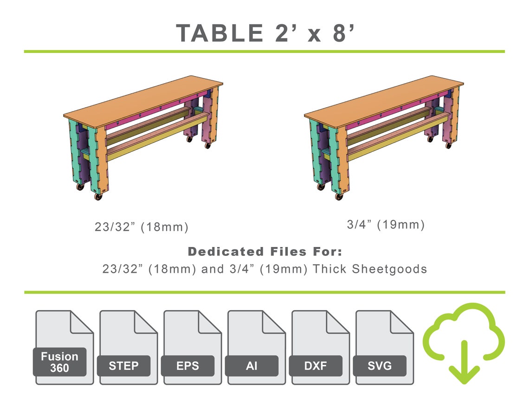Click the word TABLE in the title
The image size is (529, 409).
coord(219,33)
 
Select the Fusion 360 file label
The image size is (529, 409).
coord(59,362)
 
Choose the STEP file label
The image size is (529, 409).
coord(123,366)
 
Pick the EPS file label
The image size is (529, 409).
coord(187,366)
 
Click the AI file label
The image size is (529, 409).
coord(252,366)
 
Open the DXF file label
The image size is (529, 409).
coord(316,366)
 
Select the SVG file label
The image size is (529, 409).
coord(380,366)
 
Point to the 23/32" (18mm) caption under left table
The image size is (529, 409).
coord(142,227)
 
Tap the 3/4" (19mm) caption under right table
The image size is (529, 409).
coord(386,225)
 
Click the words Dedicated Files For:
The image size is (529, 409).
coord(265,252)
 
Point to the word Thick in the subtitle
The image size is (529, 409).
coord(329,269)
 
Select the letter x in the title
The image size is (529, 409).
coord(314,35)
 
